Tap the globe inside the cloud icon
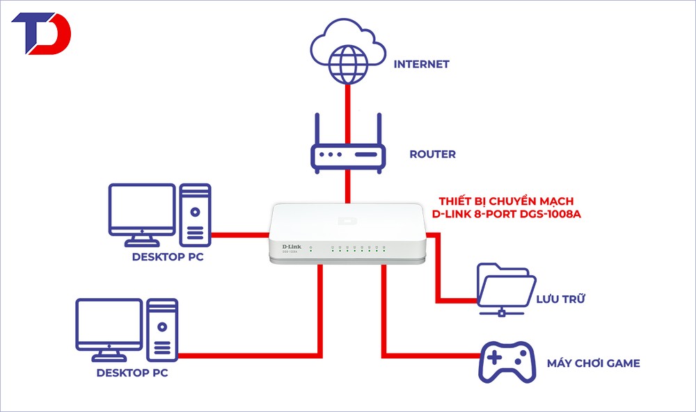346,60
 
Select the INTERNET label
421,64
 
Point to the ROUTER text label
432,154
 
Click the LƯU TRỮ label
560,299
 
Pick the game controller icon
505,361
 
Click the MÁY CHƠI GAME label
592,363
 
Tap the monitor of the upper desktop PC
141,210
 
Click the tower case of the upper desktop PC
195,215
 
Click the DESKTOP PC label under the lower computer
132,373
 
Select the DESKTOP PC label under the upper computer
167,258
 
